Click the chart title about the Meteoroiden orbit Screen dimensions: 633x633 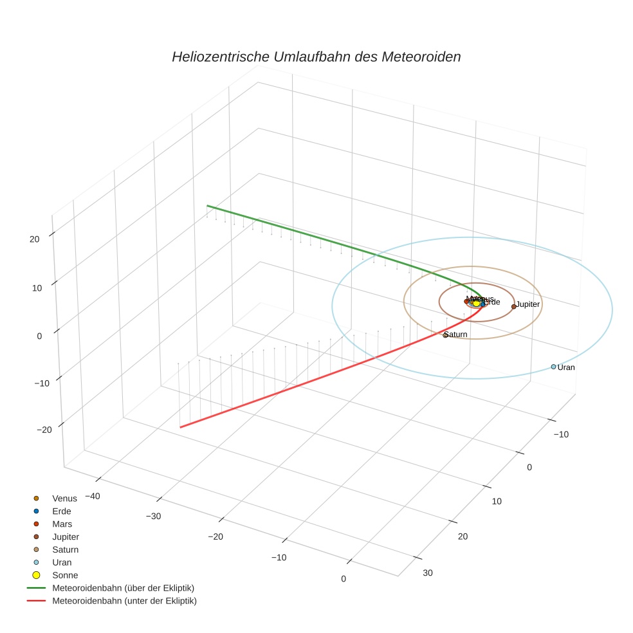(316, 57)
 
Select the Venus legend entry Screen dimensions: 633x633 (64, 498)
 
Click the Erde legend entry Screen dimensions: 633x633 (62, 511)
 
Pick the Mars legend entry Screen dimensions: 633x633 (62, 524)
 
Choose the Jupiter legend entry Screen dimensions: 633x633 (66, 537)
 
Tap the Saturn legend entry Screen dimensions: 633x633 (65, 549)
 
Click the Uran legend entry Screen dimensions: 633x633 (62, 562)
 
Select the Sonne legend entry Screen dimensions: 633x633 (65, 575)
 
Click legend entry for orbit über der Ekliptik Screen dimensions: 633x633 (123, 588)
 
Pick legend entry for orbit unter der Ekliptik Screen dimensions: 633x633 (124, 601)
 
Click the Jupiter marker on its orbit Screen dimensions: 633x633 (513, 306)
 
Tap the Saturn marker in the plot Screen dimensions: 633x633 (445, 335)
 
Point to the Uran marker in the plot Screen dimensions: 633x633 (553, 367)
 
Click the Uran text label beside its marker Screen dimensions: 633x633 (566, 367)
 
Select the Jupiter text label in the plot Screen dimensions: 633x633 (528, 304)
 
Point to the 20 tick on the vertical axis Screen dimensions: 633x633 (34, 239)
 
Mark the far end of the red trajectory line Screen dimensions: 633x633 (181, 427)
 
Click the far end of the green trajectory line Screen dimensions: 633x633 (207, 206)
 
